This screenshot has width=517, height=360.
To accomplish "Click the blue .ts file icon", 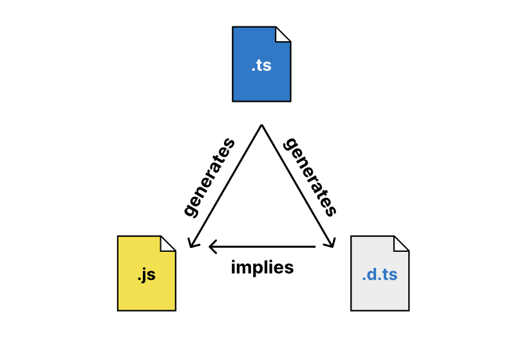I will click(261, 71).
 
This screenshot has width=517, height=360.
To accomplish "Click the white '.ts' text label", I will click(261, 65).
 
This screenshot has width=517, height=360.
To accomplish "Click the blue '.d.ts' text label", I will click(380, 275).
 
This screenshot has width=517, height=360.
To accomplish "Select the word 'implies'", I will click(262, 267).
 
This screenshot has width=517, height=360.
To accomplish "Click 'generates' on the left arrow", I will click(209, 176).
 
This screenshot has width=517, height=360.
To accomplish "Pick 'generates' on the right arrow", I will click(310, 176).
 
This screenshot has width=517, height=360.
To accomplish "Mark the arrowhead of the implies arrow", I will click(211, 247).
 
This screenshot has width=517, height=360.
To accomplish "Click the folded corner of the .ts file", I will click(284, 33).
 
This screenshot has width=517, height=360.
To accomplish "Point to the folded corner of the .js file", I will click(169, 243).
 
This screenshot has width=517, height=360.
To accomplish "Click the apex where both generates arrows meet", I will click(261, 125).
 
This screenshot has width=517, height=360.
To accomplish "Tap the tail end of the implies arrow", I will click(314, 247).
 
